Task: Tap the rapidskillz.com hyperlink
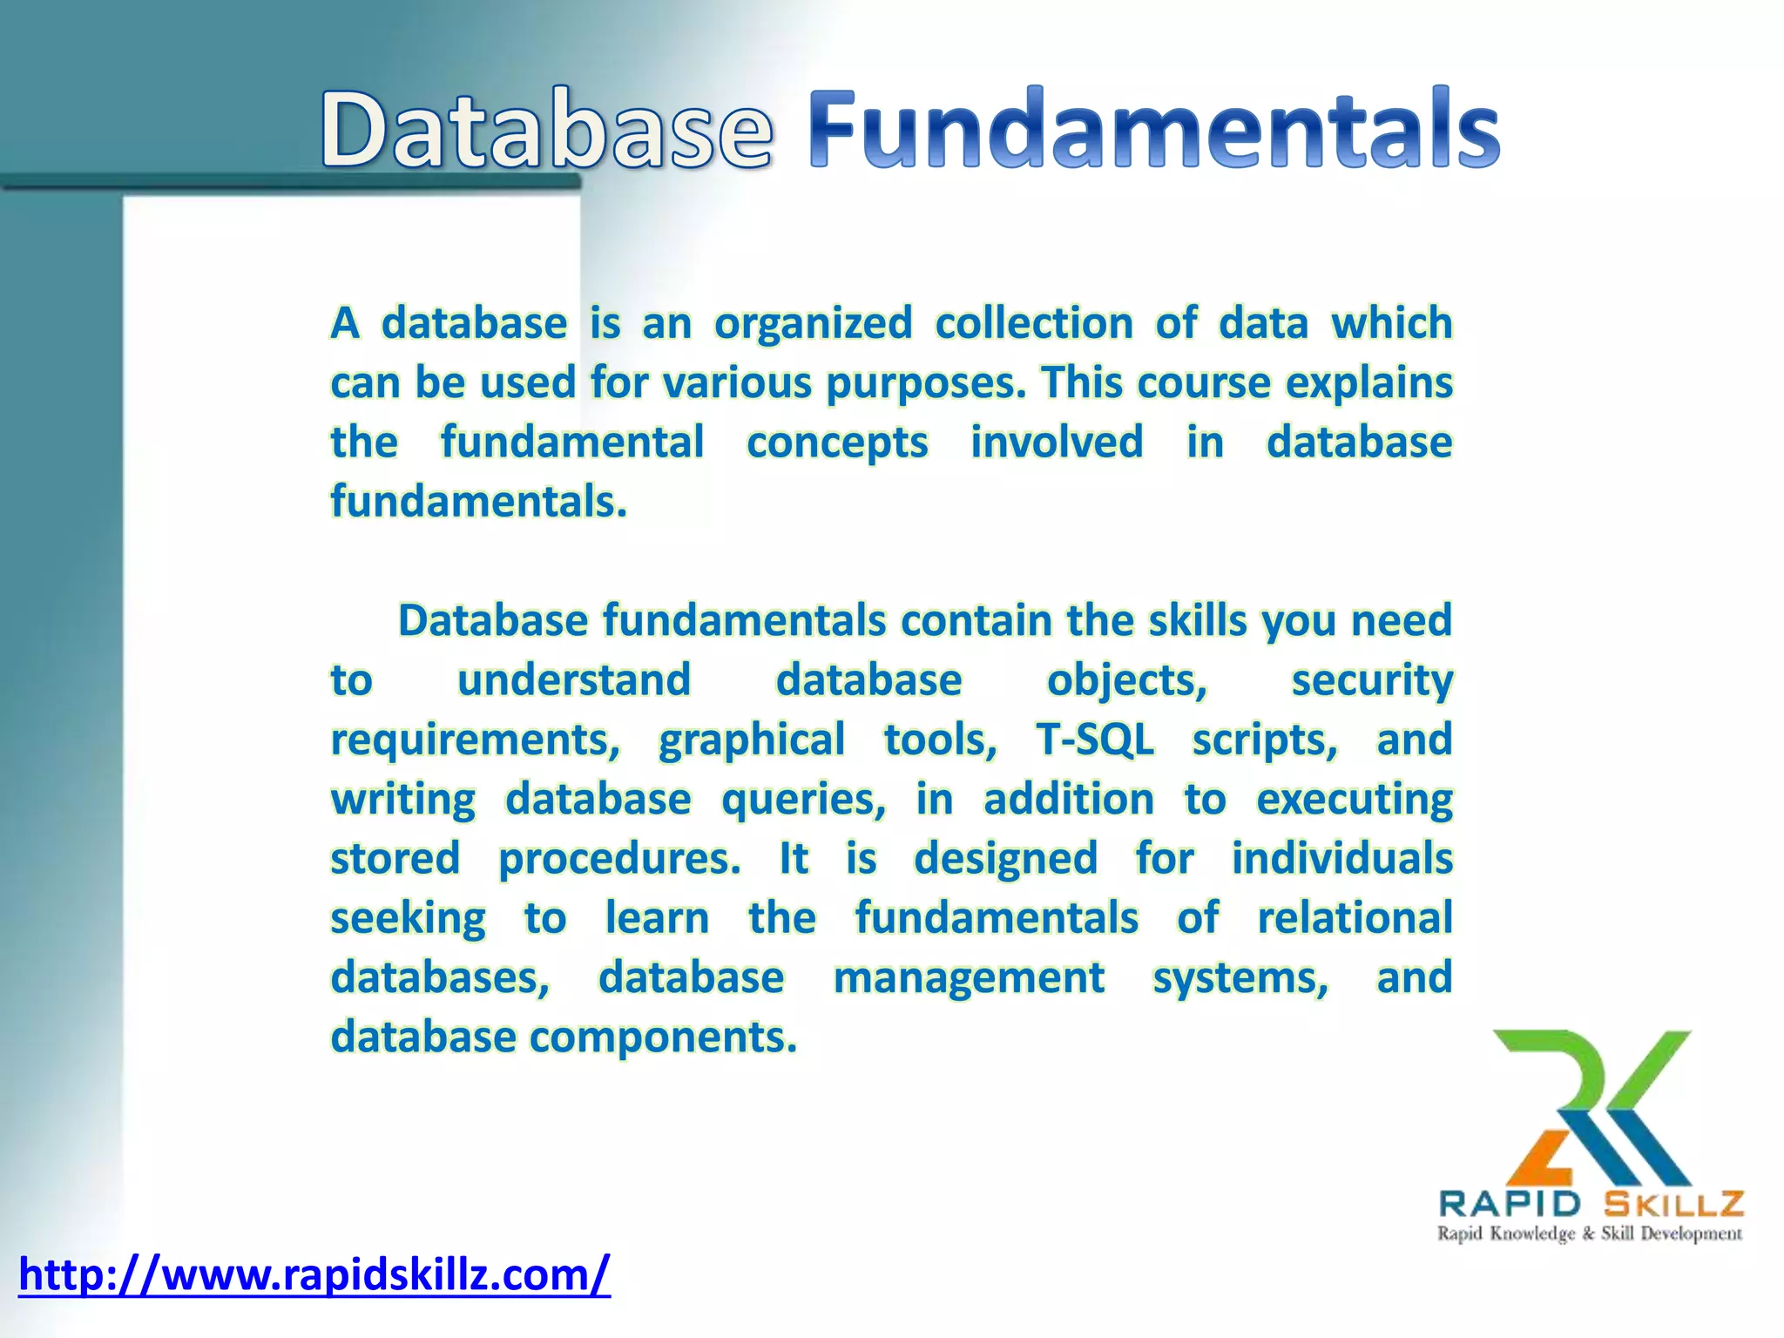314,1275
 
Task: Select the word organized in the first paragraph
813,324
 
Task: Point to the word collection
1034,324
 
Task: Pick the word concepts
837,443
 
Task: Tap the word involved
1057,443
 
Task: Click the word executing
1355,800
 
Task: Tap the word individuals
1341,859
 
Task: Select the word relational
1355,918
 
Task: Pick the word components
663,1037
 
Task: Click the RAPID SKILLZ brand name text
1591,1204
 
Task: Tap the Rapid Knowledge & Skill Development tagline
1590,1233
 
